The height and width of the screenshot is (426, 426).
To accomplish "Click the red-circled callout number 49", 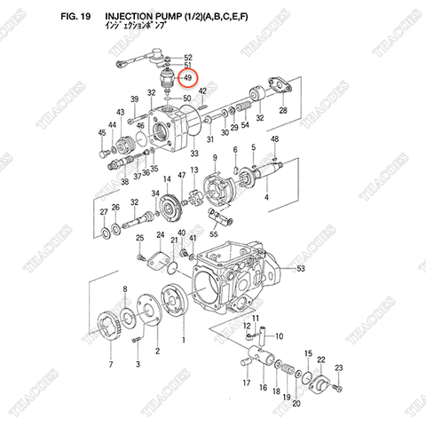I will [187, 78].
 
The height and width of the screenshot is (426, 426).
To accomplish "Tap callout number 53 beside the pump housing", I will [301, 267].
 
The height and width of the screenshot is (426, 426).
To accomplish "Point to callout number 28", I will [282, 111].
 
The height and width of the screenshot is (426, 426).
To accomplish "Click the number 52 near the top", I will [187, 57].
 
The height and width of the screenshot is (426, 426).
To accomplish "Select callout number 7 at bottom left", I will [110, 364].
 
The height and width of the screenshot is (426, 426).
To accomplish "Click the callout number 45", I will [103, 133].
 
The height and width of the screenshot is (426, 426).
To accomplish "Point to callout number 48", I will [275, 140].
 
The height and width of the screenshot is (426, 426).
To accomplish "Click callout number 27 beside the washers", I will [104, 212].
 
